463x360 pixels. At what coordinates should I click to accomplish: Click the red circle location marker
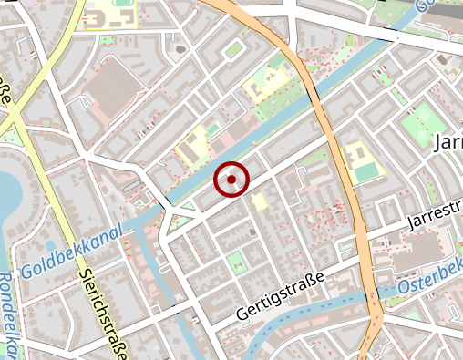click(231, 180)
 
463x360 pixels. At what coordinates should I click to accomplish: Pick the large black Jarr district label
click(449, 143)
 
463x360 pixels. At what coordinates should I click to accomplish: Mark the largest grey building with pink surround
click(115, 87)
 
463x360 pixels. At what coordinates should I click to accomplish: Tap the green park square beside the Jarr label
click(421, 122)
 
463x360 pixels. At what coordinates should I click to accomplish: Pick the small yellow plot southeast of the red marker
click(261, 201)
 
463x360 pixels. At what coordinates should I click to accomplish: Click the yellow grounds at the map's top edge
click(115, 14)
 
